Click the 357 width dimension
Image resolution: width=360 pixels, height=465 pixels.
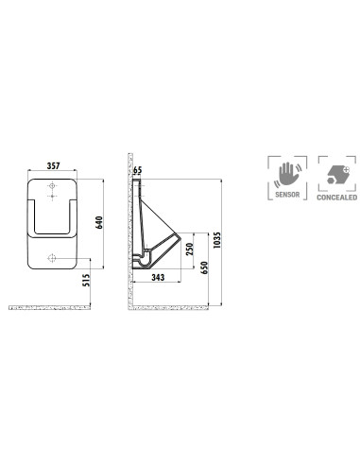pyautogui.click(x=53, y=165)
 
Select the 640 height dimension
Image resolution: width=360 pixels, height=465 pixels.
pyautogui.click(x=99, y=222)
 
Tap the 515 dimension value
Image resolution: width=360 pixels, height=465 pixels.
pyautogui.click(x=86, y=280)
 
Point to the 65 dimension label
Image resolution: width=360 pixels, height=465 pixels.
pyautogui.click(x=138, y=170)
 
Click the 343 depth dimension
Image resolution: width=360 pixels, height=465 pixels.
pyautogui.click(x=158, y=277)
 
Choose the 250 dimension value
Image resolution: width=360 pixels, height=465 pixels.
pyautogui.click(x=189, y=250)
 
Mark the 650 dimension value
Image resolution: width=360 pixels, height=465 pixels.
pyautogui.click(x=204, y=267)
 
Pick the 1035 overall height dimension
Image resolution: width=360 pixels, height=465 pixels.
pyautogui.click(x=217, y=240)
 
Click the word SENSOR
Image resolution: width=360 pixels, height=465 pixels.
pyautogui.click(x=287, y=195)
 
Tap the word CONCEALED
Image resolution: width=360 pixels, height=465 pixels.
pyautogui.click(x=337, y=198)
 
